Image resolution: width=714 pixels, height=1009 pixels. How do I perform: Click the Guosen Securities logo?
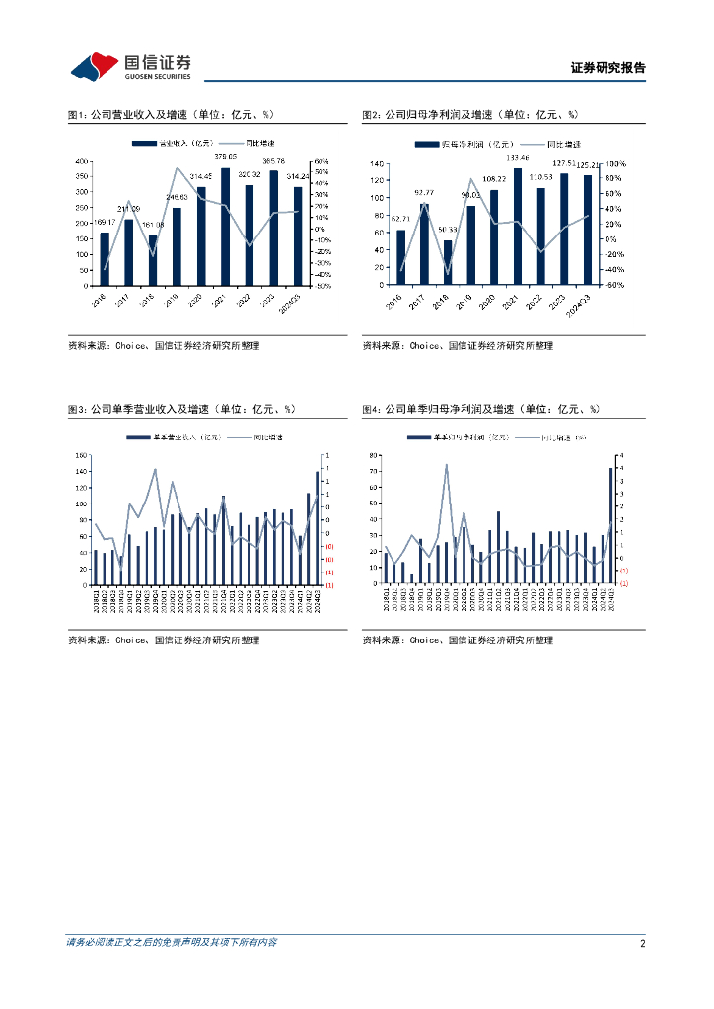click(130, 66)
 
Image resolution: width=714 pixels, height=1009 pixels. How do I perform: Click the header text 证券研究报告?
click(607, 68)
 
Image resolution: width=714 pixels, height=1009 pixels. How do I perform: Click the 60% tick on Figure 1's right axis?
click(321, 161)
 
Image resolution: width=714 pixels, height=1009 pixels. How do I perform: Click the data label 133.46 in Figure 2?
click(518, 158)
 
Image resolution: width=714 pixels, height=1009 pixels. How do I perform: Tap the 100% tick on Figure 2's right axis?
click(615, 163)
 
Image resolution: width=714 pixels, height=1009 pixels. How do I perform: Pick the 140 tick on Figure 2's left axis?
click(376, 163)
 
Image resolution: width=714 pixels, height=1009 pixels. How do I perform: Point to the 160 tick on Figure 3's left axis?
click(82, 455)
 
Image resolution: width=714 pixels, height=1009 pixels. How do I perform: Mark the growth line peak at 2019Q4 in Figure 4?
click(446, 465)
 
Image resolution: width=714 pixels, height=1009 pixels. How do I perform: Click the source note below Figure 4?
click(458, 640)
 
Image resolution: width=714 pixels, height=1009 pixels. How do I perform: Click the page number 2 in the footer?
click(642, 943)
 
